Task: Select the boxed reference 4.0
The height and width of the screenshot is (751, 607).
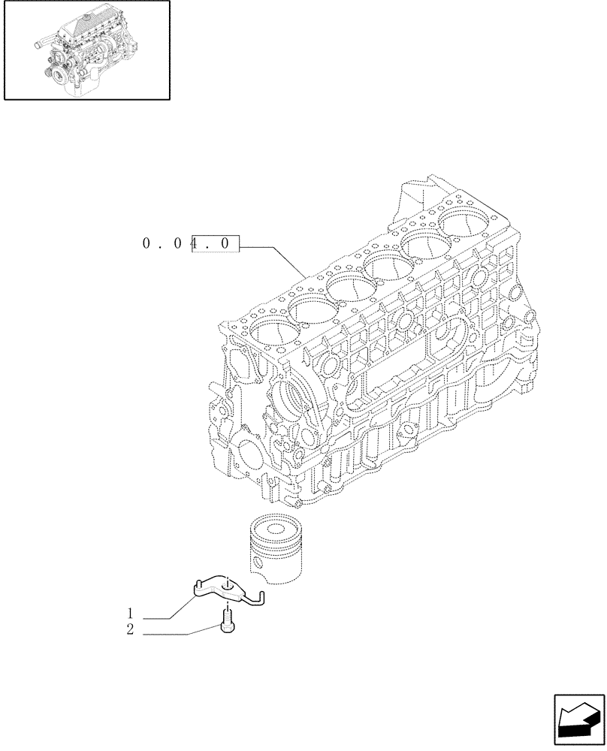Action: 215,243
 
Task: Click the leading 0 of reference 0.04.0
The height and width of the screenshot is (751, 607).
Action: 146,243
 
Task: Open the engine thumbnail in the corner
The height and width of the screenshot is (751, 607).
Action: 86,50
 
